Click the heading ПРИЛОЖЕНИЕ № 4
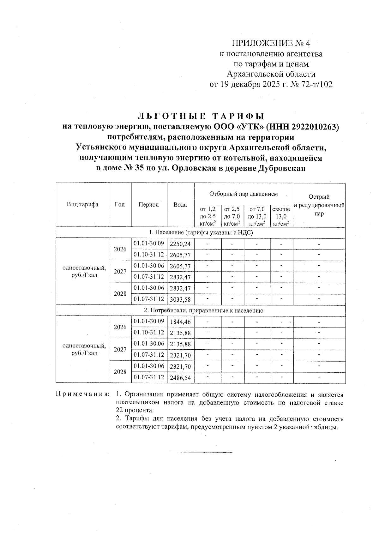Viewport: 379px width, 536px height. (271, 43)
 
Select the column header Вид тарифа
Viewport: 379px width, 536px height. (82, 204)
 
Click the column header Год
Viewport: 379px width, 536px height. (120, 204)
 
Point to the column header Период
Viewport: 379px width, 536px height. (148, 204)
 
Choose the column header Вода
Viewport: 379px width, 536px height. (180, 205)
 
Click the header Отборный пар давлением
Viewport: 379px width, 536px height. (244, 194)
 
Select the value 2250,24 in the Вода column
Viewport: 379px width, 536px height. (180, 244)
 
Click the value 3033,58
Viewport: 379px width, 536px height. (180, 299)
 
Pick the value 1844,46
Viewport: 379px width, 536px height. (180, 322)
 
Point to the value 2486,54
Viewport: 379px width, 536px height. (180, 377)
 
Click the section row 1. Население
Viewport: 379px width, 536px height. (201, 232)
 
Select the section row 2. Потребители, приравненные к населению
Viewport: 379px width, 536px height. (203, 310)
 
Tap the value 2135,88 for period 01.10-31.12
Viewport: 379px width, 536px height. (180, 333)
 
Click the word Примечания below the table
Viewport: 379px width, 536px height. (82, 394)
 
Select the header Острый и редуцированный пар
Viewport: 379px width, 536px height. (319, 205)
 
